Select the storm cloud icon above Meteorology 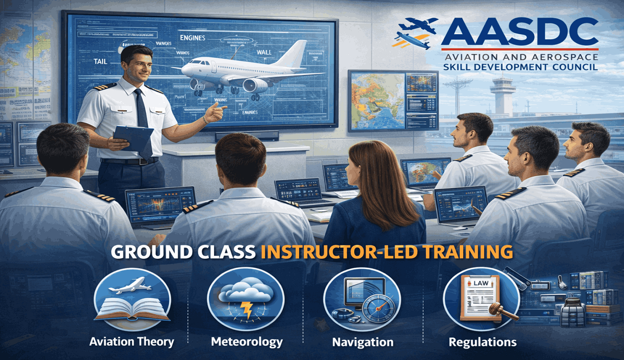point(245,298)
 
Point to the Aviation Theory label point(132,342)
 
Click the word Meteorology point(247,342)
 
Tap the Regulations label point(482,342)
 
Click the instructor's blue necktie point(143,120)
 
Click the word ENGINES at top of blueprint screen point(192,37)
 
